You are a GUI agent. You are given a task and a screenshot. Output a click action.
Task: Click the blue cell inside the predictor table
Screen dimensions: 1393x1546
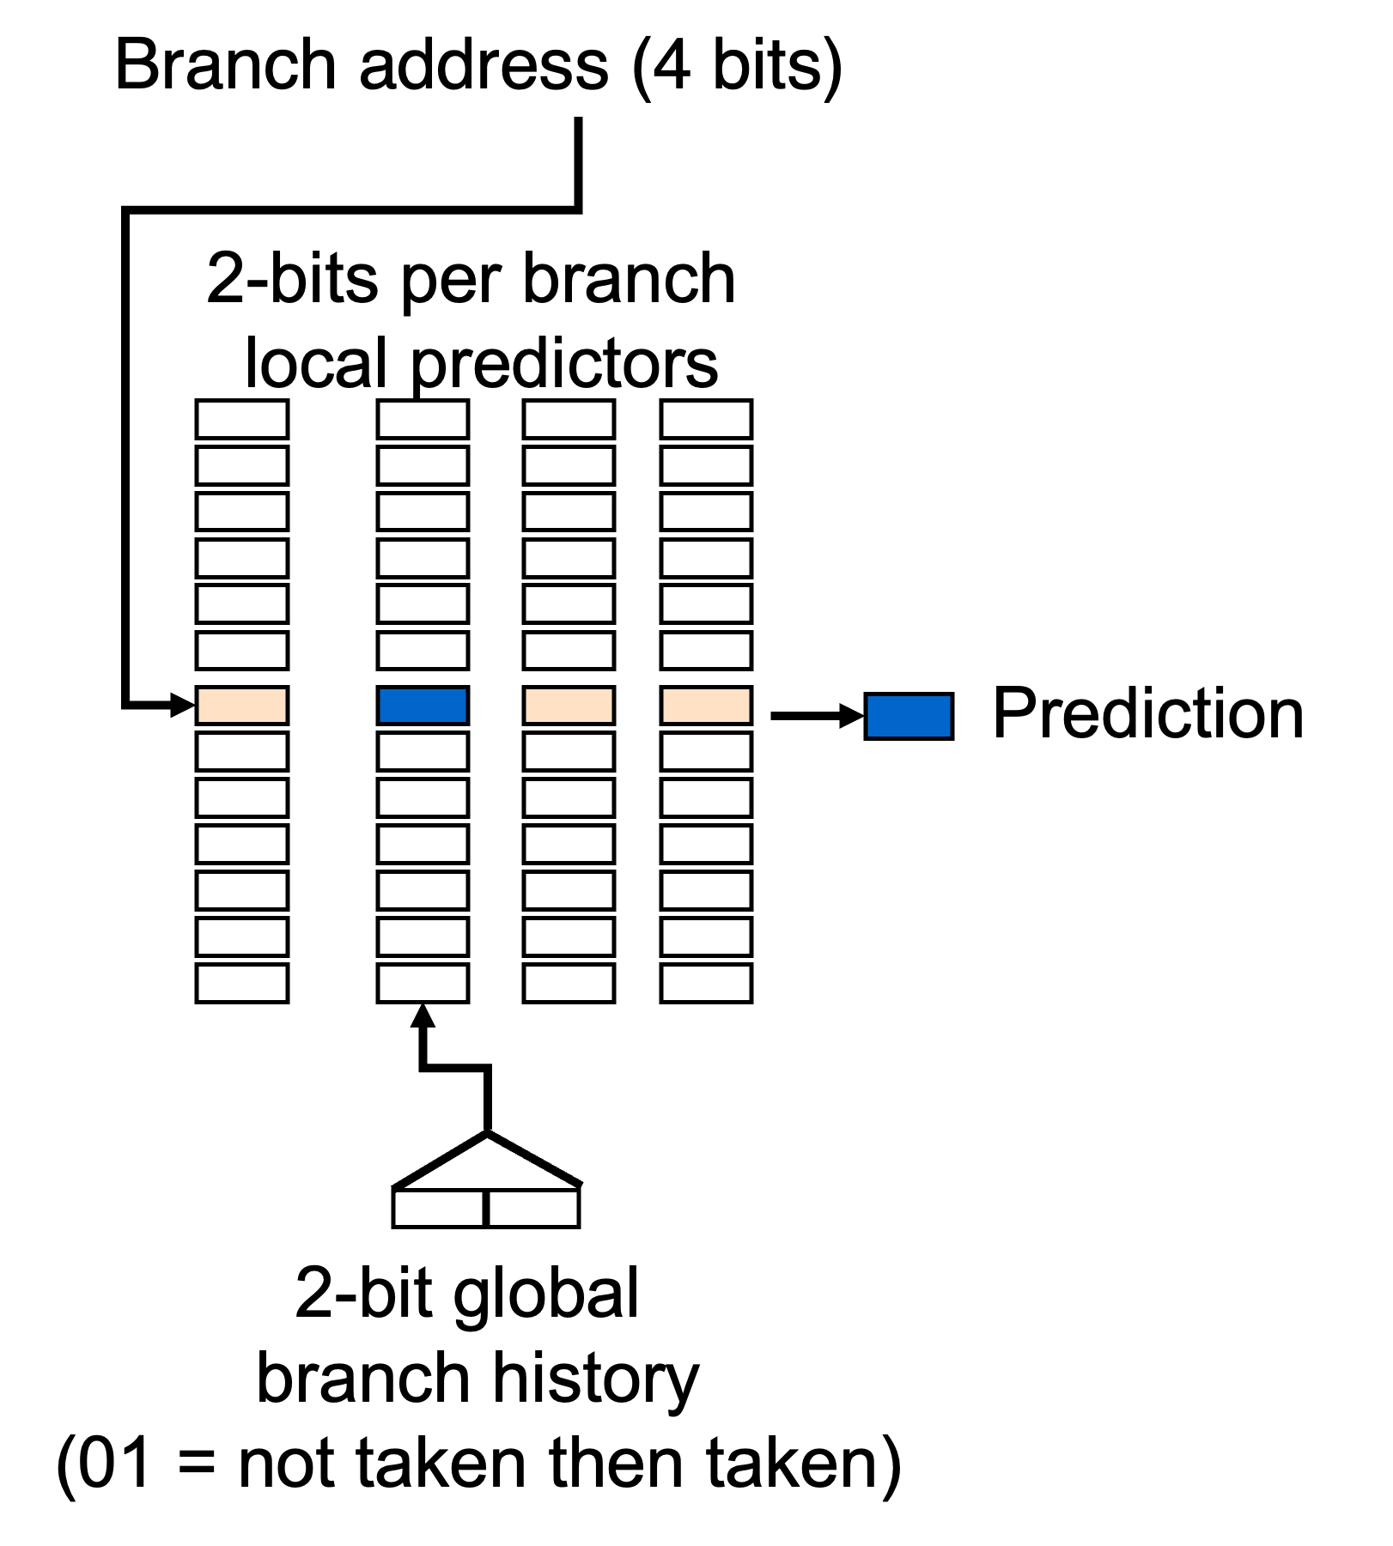(x=423, y=705)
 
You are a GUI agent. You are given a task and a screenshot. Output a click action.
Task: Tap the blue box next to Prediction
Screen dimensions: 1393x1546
(x=909, y=716)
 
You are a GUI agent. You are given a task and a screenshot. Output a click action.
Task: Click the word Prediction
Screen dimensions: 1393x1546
(x=1148, y=713)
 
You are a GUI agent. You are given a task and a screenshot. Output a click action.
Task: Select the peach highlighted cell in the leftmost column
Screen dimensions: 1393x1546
(x=242, y=705)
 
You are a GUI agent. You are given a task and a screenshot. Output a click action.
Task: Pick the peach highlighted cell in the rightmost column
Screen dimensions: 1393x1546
(x=706, y=705)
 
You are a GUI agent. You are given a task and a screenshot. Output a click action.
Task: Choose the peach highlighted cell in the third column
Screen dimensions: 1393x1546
(x=569, y=705)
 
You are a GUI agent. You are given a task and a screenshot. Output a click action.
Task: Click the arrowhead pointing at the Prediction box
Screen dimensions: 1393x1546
(x=852, y=715)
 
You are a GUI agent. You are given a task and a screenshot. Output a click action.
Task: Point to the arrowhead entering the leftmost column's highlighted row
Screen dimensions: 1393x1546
(x=184, y=705)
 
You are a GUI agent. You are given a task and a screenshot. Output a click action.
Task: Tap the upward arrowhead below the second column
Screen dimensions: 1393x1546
(x=423, y=1016)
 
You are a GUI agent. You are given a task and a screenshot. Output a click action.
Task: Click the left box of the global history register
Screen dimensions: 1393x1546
(x=440, y=1207)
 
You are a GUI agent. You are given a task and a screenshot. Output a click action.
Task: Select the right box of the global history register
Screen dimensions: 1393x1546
(x=533, y=1207)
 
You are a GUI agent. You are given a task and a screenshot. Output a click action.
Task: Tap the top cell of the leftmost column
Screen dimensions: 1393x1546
(x=242, y=420)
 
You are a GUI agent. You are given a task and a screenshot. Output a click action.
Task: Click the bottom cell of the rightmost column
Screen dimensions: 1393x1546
(x=706, y=983)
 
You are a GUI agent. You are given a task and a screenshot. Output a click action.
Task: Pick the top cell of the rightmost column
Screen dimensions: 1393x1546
(x=706, y=420)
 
